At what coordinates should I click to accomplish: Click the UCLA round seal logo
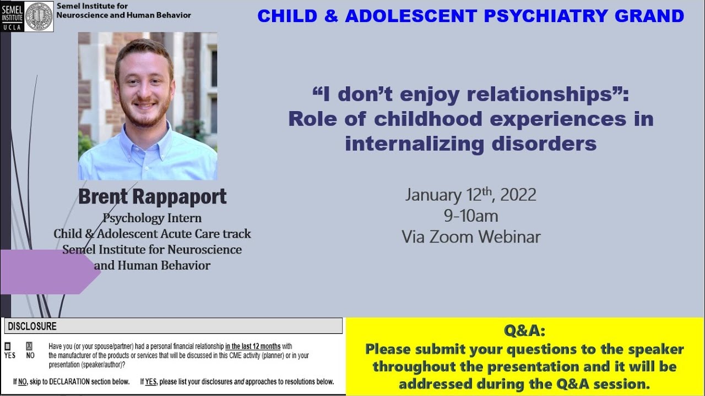point(39,16)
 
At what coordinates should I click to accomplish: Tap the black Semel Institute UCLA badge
point(12,16)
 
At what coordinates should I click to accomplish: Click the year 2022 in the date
point(518,195)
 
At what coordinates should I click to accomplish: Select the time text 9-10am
point(471,216)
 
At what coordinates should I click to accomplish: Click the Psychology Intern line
point(152,218)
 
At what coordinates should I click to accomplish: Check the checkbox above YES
point(8,346)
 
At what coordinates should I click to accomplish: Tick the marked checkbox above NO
point(29,346)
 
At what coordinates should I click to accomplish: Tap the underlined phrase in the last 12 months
point(253,346)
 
